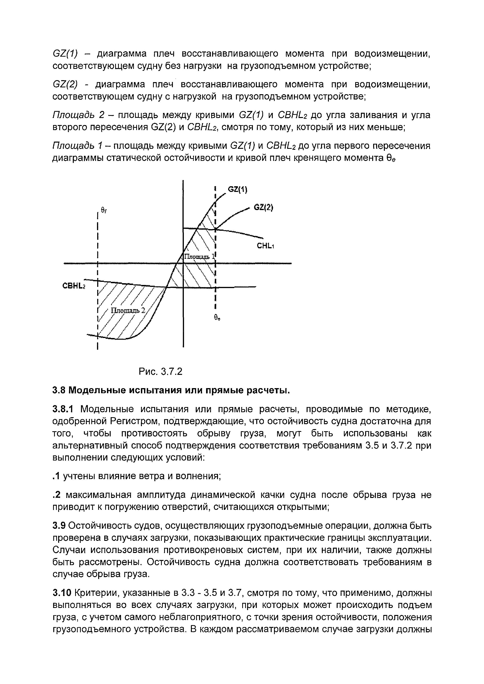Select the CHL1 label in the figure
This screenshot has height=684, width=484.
(265, 246)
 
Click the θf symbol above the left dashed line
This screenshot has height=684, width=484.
(104, 210)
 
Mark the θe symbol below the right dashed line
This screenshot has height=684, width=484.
(217, 318)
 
